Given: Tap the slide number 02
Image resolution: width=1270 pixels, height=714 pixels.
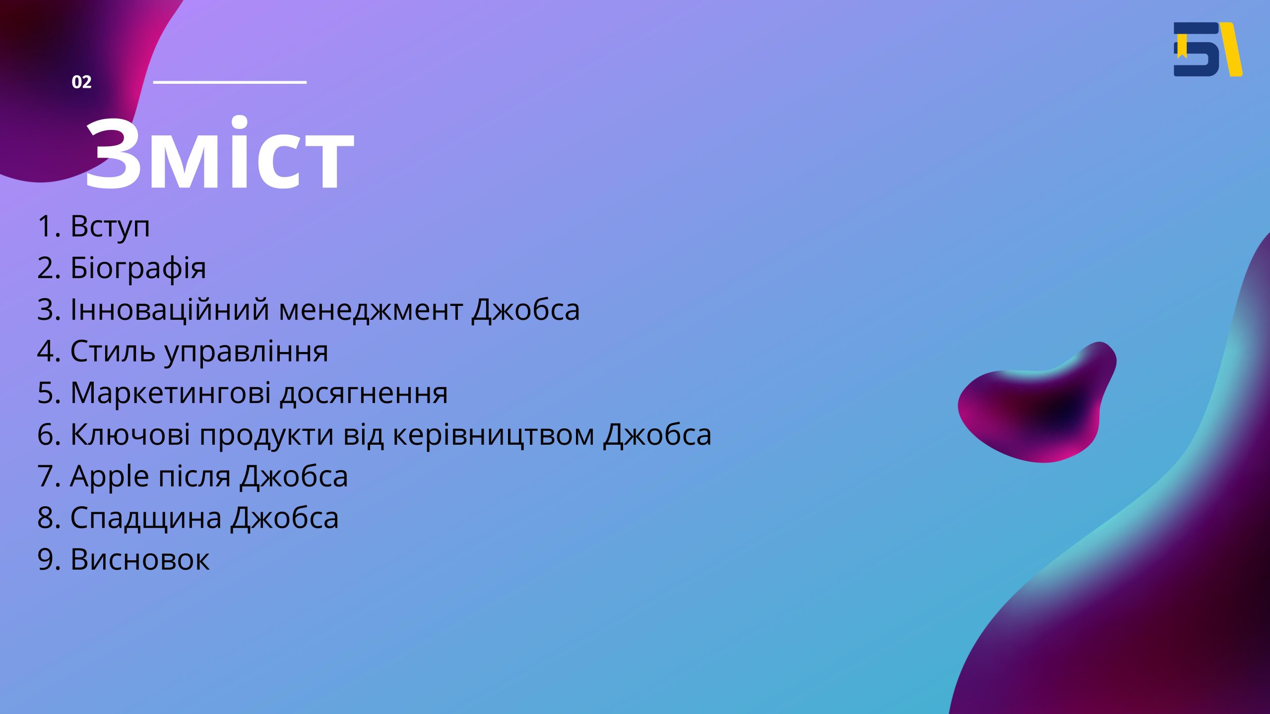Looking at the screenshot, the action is (81, 82).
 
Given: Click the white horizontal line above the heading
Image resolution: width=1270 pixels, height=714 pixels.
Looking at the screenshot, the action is (230, 82).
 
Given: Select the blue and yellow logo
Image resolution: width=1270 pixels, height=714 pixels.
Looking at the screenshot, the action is (1208, 49).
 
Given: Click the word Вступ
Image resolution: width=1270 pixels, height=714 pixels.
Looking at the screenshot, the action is (110, 227).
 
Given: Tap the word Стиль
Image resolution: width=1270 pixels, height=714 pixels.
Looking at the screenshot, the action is (113, 352).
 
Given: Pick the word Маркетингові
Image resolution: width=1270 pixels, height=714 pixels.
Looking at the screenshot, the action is (171, 393).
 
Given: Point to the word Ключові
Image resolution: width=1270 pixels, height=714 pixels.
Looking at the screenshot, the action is (130, 435).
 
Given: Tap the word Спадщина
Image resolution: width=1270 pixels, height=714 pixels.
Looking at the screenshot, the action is (146, 519).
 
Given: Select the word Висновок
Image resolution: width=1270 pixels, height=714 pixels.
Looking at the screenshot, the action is (140, 560).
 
